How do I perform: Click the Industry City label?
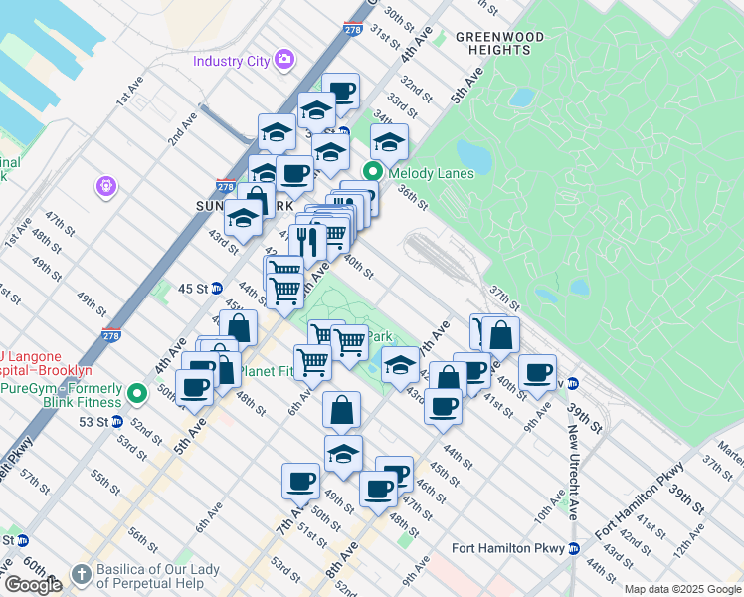click(x=231, y=61)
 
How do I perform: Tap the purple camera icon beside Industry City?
click(x=284, y=60)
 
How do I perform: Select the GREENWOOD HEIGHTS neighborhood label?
click(x=499, y=43)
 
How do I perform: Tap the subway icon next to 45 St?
click(x=217, y=289)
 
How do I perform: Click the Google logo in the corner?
click(x=33, y=585)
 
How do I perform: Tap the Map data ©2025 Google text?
click(x=681, y=589)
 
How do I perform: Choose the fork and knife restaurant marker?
click(x=307, y=241)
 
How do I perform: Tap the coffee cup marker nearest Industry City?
click(x=340, y=93)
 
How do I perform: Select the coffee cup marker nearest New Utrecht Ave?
click(x=538, y=374)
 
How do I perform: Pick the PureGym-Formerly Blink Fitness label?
click(x=62, y=395)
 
